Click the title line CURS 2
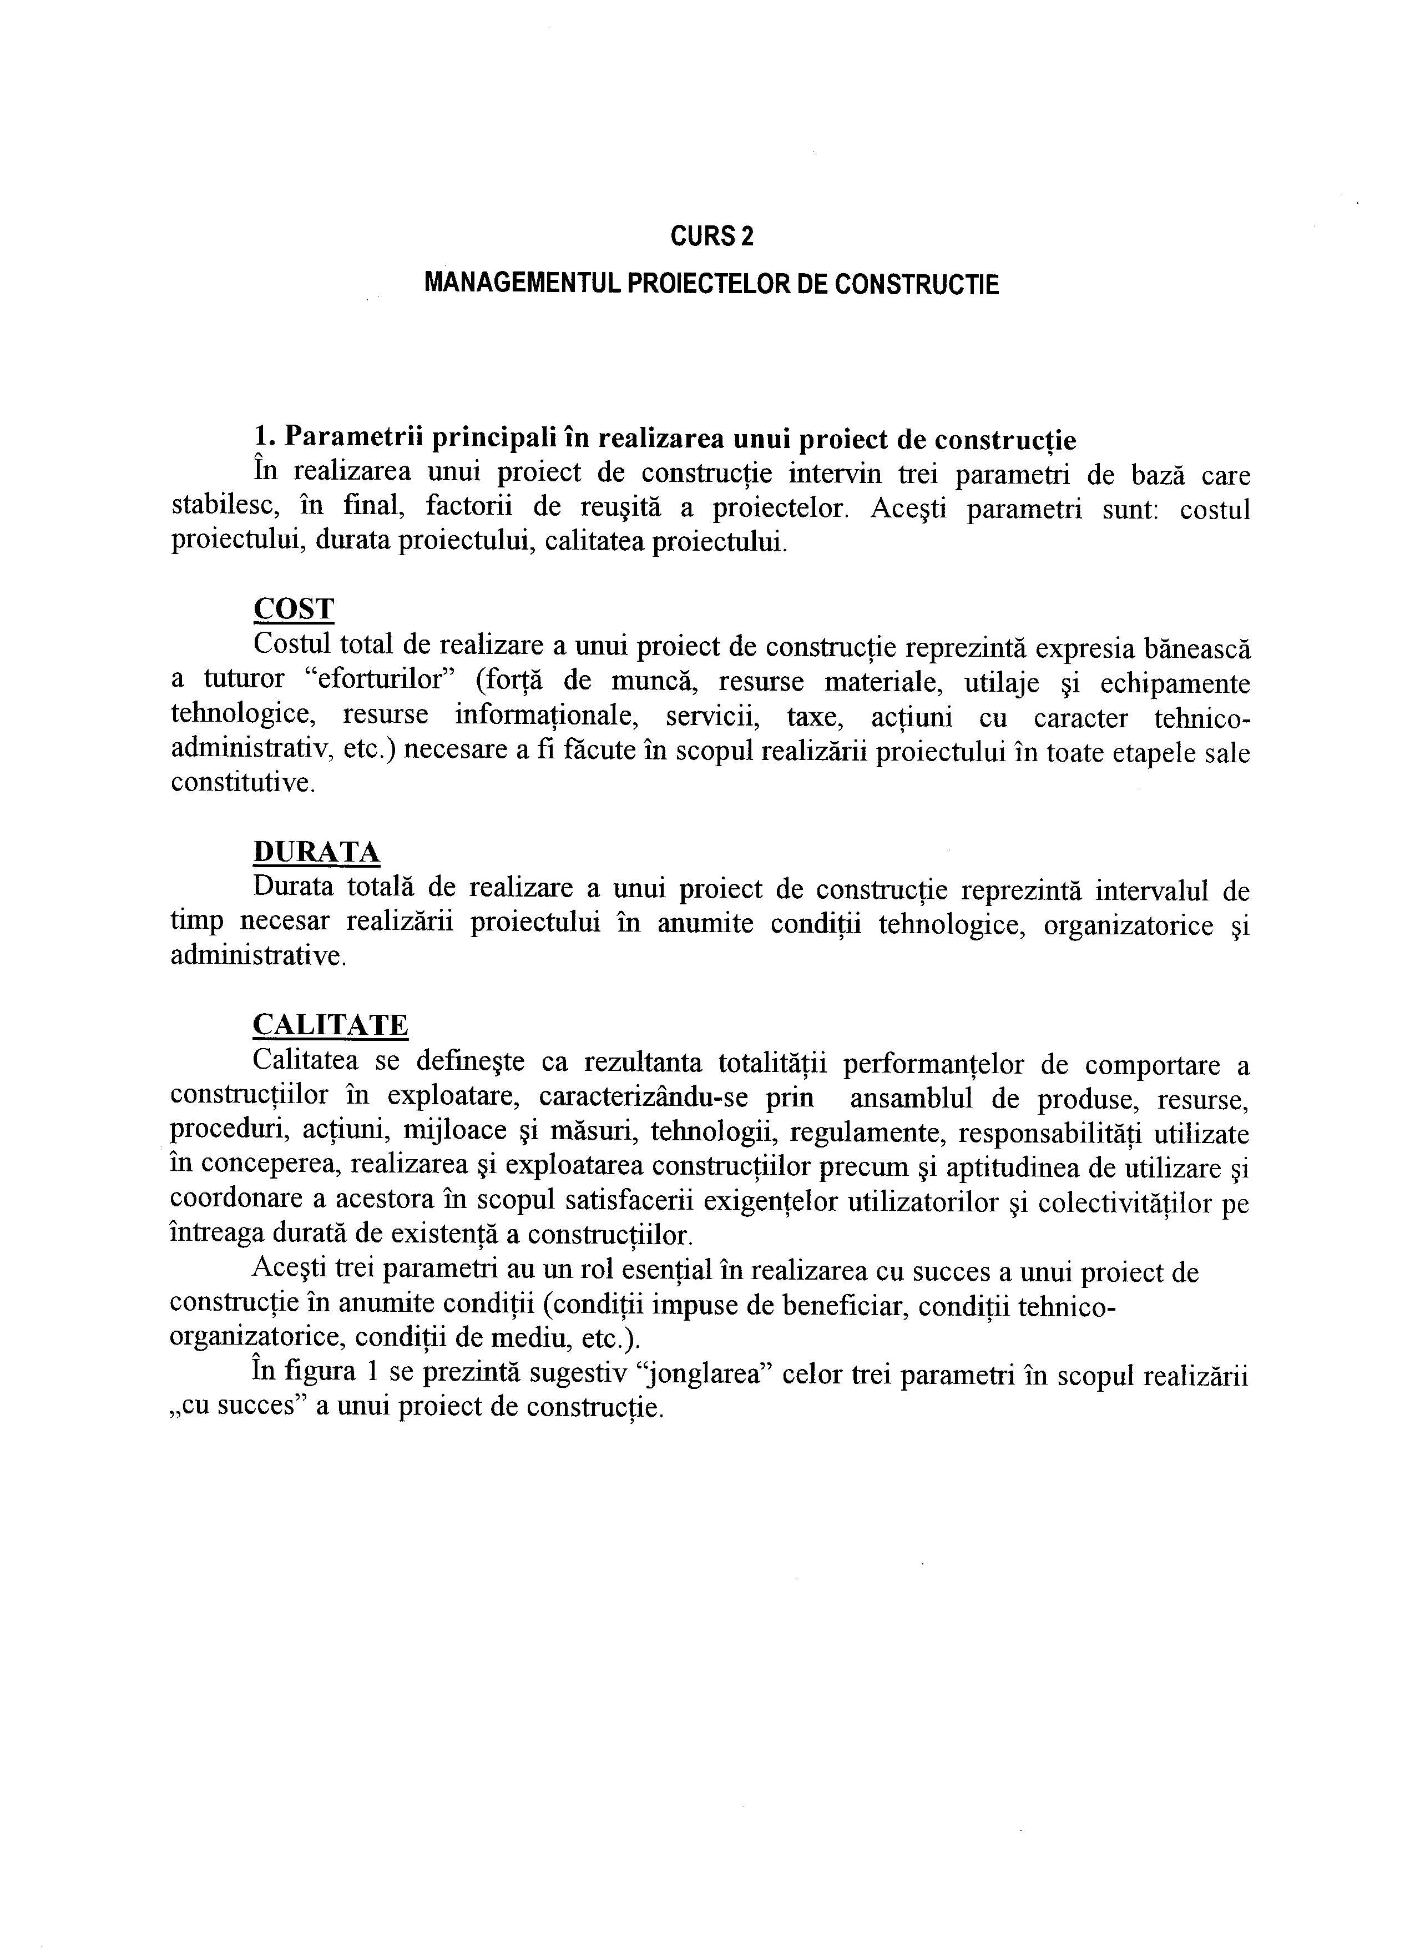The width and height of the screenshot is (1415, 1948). pos(712,237)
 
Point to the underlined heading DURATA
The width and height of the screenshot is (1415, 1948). pos(316,852)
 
